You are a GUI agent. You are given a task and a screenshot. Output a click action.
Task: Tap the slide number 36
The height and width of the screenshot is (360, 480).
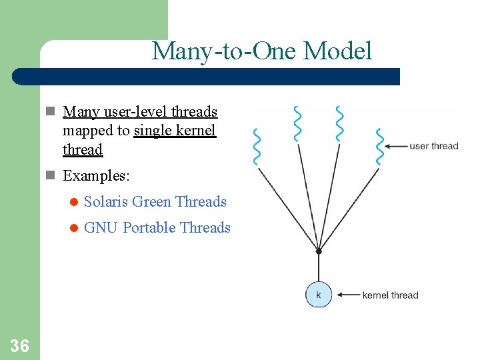click(x=20, y=345)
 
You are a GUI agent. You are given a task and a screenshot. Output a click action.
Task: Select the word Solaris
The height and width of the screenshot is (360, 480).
click(x=107, y=201)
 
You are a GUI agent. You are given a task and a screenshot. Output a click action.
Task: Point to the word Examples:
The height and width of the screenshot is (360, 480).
click(x=97, y=176)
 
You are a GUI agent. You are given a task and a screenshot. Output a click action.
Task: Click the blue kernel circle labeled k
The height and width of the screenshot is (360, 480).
click(x=318, y=294)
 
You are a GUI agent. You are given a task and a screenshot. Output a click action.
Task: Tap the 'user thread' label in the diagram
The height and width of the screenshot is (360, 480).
click(x=433, y=146)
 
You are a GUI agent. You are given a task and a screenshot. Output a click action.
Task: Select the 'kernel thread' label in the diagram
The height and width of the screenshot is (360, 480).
click(x=390, y=295)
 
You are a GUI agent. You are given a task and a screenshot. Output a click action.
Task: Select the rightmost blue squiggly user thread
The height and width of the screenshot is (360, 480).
click(x=380, y=146)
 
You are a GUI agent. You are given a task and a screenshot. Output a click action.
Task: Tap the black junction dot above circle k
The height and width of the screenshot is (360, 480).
click(x=319, y=251)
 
